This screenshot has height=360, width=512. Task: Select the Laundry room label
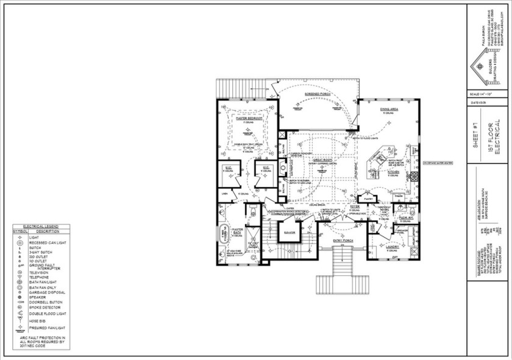[392, 247]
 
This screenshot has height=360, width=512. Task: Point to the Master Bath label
[237, 232]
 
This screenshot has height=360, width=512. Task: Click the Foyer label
[354, 207]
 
